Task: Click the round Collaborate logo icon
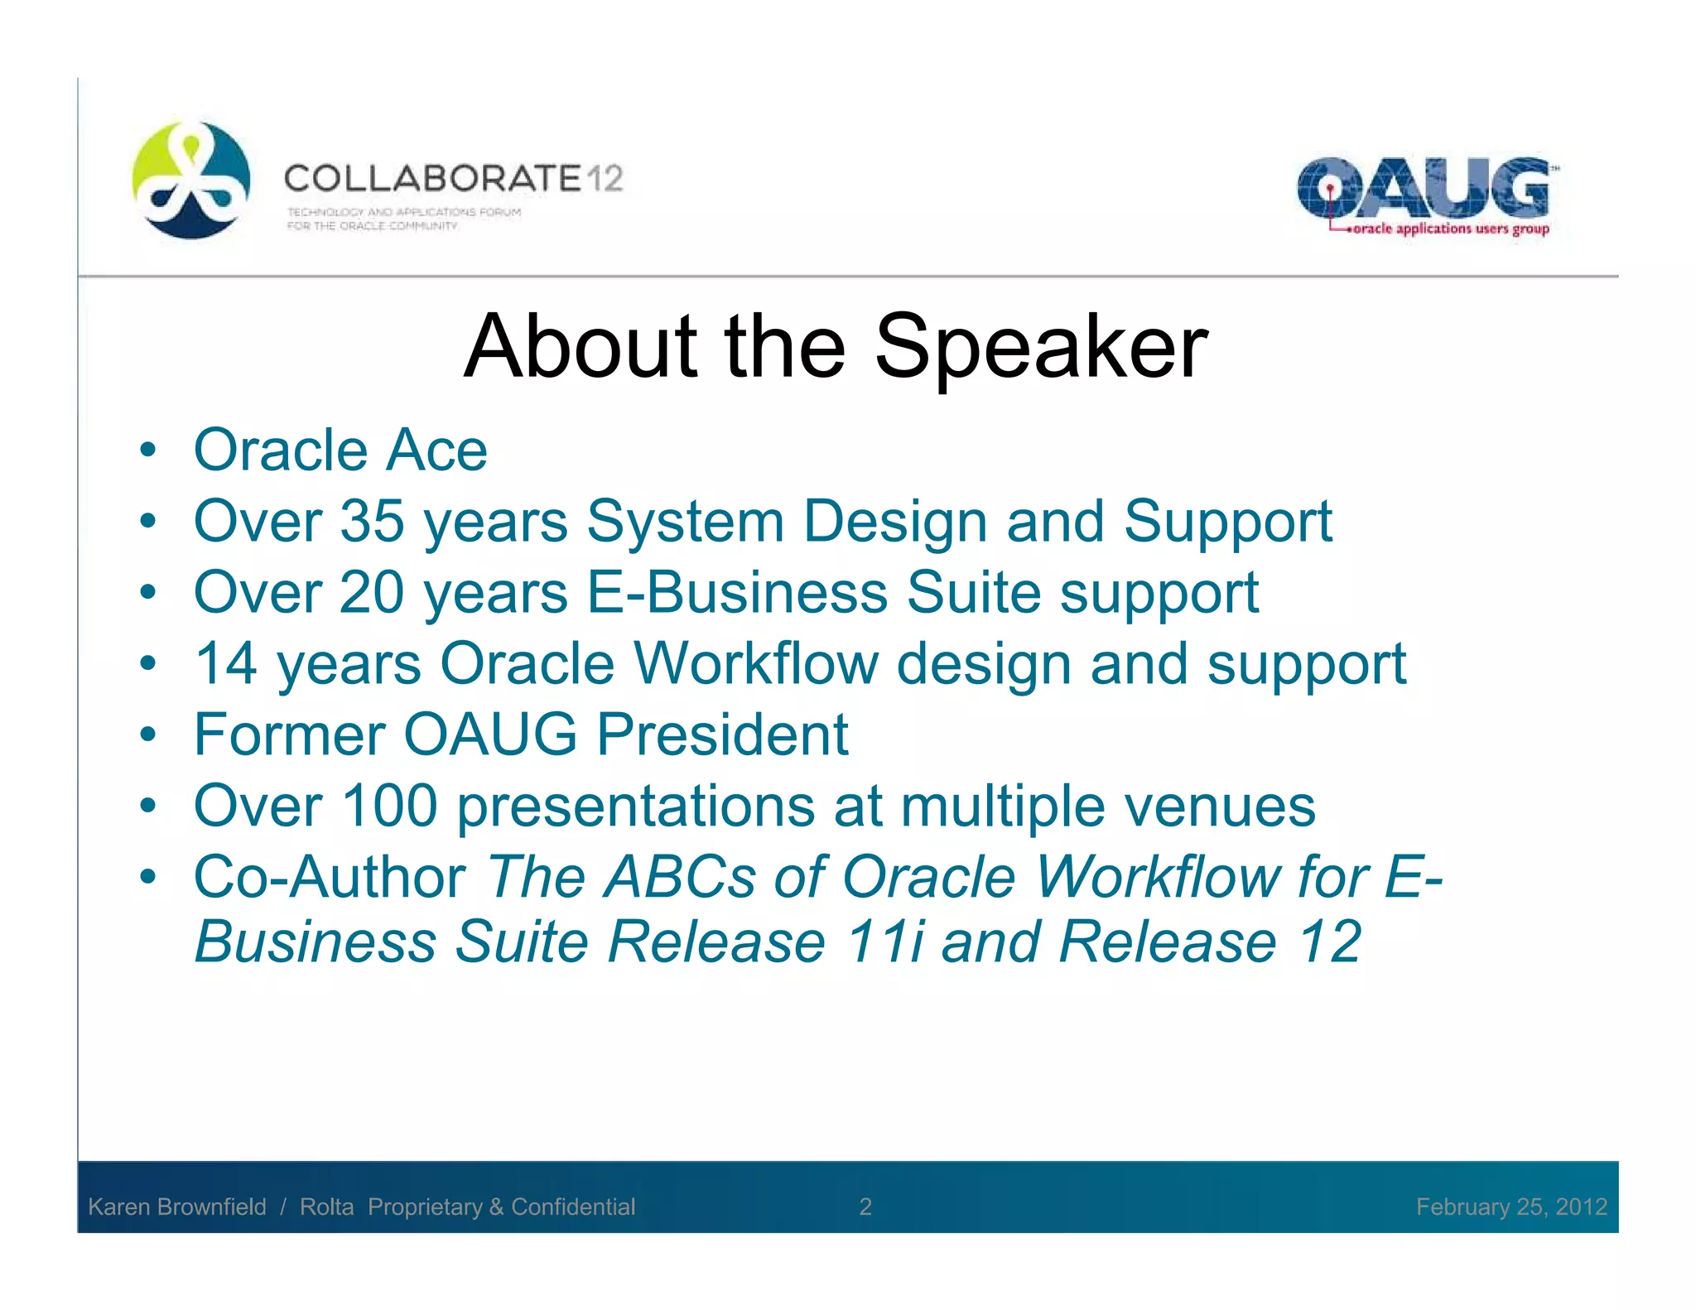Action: pyautogui.click(x=191, y=181)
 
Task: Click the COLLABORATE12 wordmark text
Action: pyautogui.click(x=453, y=179)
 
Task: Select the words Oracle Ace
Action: pyautogui.click(x=340, y=451)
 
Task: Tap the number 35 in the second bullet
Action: pyautogui.click(x=372, y=522)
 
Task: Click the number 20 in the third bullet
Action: pyautogui.click(x=372, y=593)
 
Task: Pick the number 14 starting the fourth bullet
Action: pyautogui.click(x=225, y=664)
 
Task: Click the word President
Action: pyautogui.click(x=722, y=735)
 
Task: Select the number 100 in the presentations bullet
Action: pyautogui.click(x=389, y=806)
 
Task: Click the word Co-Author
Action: pyautogui.click(x=330, y=877)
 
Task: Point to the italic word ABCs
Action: pyautogui.click(x=680, y=877)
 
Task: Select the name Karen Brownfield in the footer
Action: pyautogui.click(x=177, y=1206)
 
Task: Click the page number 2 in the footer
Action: pyautogui.click(x=865, y=1206)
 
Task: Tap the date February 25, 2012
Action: pyautogui.click(x=1511, y=1206)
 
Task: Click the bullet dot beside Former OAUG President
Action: pyautogui.click(x=148, y=734)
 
